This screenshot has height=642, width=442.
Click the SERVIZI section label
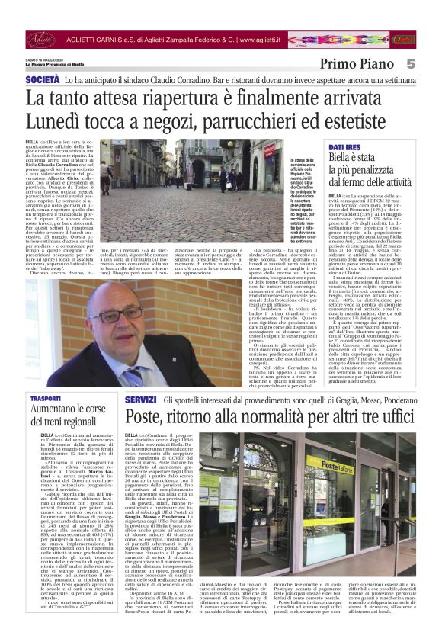pos(140,400)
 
